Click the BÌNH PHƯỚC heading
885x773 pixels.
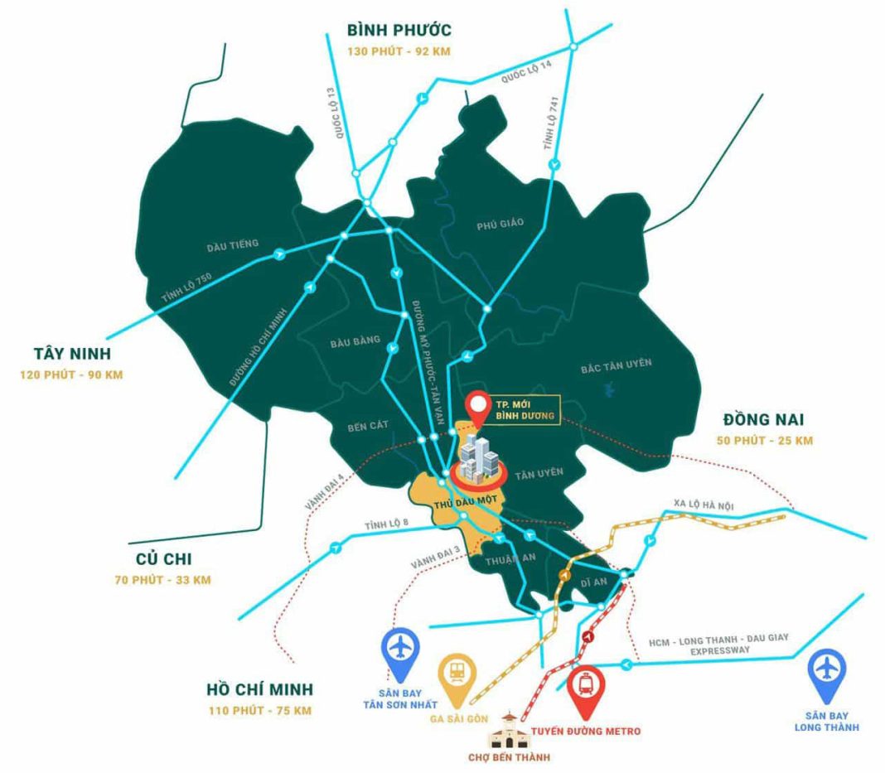click(x=399, y=31)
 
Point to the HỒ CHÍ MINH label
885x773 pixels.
click(x=260, y=689)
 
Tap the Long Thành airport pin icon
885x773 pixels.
click(x=826, y=669)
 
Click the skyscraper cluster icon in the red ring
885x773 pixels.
click(x=478, y=457)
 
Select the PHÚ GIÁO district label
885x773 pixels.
click(x=501, y=224)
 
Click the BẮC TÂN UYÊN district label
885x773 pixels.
click(x=617, y=364)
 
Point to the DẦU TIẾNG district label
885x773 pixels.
click(x=233, y=244)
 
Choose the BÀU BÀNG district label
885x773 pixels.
click(x=354, y=340)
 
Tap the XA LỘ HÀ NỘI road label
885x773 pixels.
click(x=704, y=505)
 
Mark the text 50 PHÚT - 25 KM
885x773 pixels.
click(x=765, y=440)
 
